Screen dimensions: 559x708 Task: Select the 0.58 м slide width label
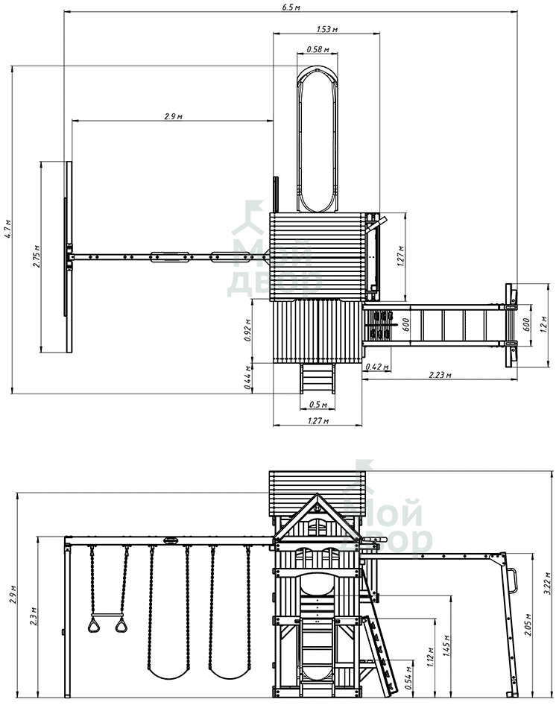tap(318, 48)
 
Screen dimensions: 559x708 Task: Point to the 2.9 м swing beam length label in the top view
tap(174, 116)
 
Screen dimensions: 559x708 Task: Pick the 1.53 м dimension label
tap(326, 29)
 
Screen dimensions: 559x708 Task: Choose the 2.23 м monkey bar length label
tap(440, 374)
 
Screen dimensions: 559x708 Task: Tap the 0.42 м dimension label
tap(377, 367)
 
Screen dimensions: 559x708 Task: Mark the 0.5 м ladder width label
tap(318, 404)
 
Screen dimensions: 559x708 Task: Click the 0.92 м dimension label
tap(247, 330)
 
